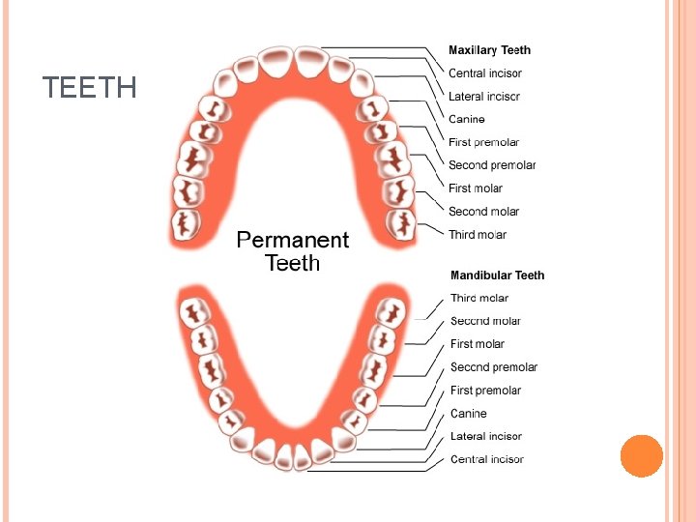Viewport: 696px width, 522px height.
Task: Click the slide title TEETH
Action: [90, 89]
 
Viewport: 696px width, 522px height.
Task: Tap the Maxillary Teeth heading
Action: [489, 50]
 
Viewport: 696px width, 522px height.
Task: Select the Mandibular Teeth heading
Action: [497, 275]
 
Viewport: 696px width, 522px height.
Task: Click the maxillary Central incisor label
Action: [485, 73]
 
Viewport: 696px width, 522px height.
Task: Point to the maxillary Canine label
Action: [467, 120]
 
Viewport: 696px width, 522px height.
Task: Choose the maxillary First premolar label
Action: [483, 142]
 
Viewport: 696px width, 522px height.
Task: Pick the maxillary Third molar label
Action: [478, 235]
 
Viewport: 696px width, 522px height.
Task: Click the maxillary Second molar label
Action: [483, 212]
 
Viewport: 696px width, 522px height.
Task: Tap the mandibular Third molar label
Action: [479, 299]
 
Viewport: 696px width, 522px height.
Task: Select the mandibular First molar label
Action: [478, 344]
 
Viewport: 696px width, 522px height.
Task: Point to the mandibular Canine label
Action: [469, 414]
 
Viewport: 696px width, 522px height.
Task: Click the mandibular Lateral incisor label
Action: [486, 437]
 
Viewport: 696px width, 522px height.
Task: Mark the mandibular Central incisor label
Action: [487, 460]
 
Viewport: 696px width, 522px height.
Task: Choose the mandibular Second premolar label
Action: [494, 367]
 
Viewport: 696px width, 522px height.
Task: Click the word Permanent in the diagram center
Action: [293, 240]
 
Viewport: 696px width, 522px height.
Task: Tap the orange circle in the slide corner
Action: [641, 455]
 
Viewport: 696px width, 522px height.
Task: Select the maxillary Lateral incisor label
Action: [484, 97]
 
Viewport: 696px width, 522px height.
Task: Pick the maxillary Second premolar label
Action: [492, 165]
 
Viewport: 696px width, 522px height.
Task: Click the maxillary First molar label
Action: [476, 188]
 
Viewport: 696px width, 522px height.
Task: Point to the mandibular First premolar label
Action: [485, 391]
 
